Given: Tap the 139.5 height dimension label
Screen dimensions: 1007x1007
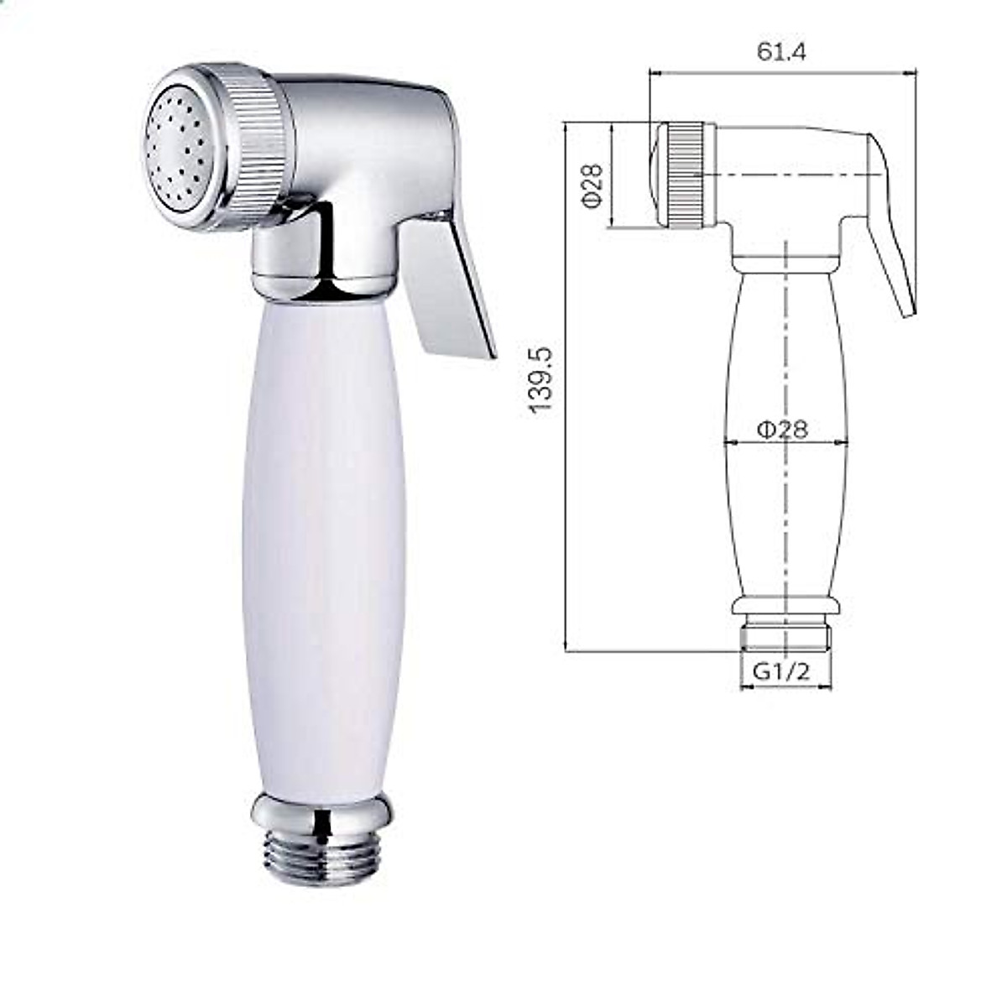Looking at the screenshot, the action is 540,380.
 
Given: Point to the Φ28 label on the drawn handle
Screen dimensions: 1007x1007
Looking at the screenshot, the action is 782,430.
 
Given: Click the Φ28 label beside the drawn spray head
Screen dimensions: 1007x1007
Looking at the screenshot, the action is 593,185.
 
